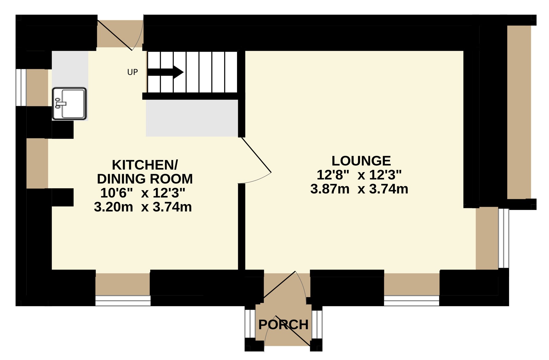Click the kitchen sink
pyautogui.click(x=69, y=104)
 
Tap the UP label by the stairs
pyautogui.click(x=132, y=72)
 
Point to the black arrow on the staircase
pyautogui.click(x=165, y=72)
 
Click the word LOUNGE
pyautogui.click(x=361, y=161)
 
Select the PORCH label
pyautogui.click(x=283, y=325)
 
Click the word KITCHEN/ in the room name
pyautogui.click(x=145, y=165)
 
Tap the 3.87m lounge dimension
pyautogui.click(x=330, y=189)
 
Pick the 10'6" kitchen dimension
pyautogui.click(x=116, y=193)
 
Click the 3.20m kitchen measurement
pyautogui.click(x=113, y=207)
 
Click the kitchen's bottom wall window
pyautogui.click(x=123, y=301)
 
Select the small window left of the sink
pyautogui.click(x=21, y=87)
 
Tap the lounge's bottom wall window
pyautogui.click(x=412, y=301)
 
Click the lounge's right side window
pyautogui.click(x=504, y=238)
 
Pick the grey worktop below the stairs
pyautogui.click(x=192, y=118)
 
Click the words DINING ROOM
pyautogui.click(x=145, y=179)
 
